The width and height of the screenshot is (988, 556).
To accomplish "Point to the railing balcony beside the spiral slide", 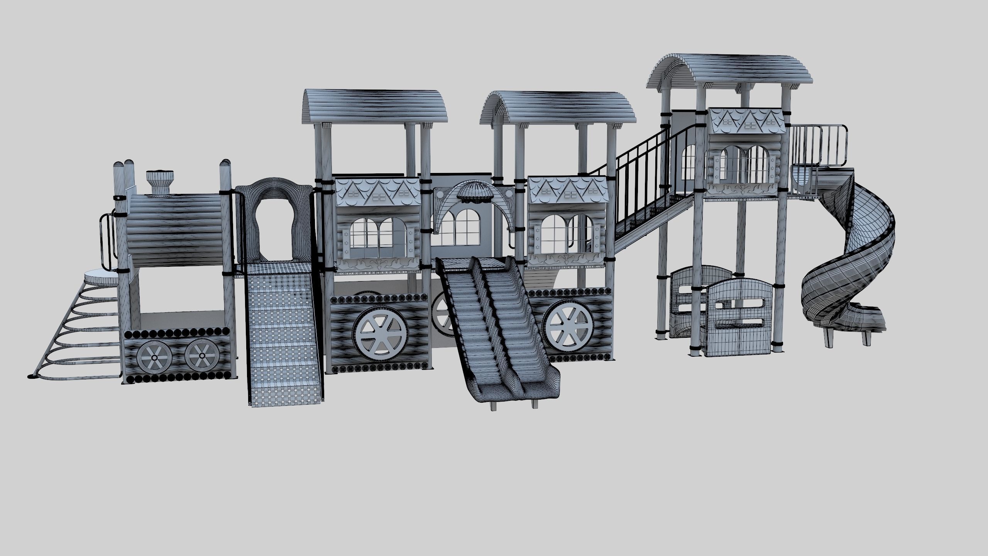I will tap(818, 145).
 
